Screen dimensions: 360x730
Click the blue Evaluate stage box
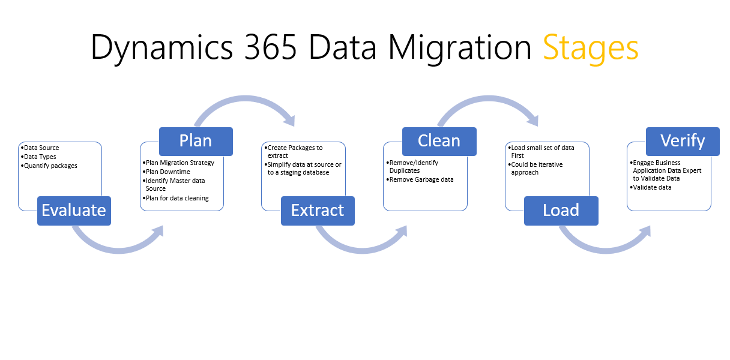74,210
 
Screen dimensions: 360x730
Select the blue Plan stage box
196,140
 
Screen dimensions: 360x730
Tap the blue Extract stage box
318,210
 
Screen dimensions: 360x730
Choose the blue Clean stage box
439,140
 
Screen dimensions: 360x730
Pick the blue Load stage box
561,210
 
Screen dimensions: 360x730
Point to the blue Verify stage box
683,140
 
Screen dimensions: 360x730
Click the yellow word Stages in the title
591,48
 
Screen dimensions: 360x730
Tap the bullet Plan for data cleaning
177,198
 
